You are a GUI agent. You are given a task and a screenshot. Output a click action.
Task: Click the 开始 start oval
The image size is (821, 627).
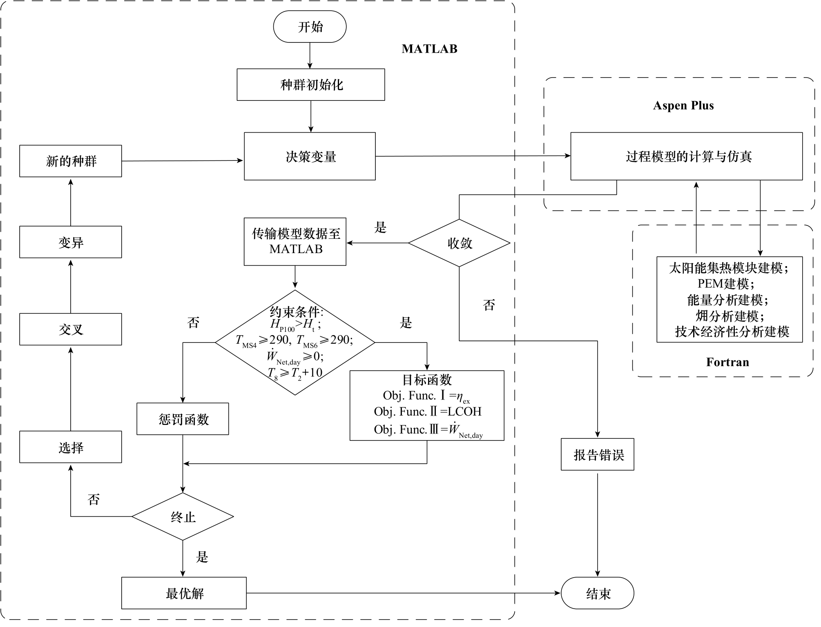pyautogui.click(x=310, y=27)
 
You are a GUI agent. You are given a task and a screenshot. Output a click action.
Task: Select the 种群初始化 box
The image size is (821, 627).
pyautogui.click(x=311, y=85)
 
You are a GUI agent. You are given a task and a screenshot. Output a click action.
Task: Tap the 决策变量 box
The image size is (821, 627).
pyautogui.click(x=310, y=156)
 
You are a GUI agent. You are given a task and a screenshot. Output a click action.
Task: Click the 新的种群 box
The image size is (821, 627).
pyautogui.click(x=71, y=161)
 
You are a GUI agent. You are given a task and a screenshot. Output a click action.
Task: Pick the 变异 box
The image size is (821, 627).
pyautogui.click(x=71, y=242)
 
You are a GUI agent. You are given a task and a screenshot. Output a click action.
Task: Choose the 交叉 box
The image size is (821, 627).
pyautogui.click(x=71, y=329)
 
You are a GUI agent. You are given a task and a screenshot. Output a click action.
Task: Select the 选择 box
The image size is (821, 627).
pyautogui.click(x=71, y=447)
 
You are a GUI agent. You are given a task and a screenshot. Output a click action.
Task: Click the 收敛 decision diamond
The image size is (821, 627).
pyautogui.click(x=460, y=243)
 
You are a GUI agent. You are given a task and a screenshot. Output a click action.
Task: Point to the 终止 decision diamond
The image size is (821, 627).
pyautogui.click(x=183, y=517)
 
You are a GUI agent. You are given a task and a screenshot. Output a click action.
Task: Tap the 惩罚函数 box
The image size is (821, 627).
pyautogui.click(x=183, y=419)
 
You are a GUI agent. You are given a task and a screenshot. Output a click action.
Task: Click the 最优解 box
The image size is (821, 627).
pyautogui.click(x=184, y=593)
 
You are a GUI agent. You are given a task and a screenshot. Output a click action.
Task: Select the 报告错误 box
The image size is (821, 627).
pyautogui.click(x=598, y=455)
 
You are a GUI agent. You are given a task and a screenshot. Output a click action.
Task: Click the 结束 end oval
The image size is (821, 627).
pyautogui.click(x=598, y=593)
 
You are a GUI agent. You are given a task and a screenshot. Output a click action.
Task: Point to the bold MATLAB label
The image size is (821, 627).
pyautogui.click(x=429, y=49)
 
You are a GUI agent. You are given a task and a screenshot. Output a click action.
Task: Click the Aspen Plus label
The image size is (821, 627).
pyautogui.click(x=683, y=106)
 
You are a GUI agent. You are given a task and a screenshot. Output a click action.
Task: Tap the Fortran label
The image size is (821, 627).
pyautogui.click(x=727, y=362)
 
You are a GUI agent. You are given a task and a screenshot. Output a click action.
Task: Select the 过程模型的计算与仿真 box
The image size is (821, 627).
pyautogui.click(x=687, y=156)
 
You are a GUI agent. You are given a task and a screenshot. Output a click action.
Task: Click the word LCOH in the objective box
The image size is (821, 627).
pyautogui.click(x=464, y=411)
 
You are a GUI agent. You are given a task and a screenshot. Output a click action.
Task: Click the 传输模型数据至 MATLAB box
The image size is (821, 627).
pyautogui.click(x=295, y=242)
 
